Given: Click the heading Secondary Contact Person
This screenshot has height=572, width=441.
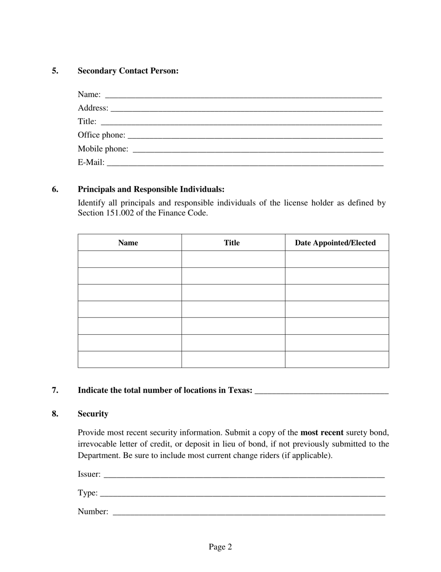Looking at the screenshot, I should pyautogui.click(x=128, y=71).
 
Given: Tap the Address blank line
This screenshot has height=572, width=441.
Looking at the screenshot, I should pyautogui.click(x=246, y=109).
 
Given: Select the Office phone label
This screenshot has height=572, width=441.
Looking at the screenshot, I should pyautogui.click(x=101, y=135).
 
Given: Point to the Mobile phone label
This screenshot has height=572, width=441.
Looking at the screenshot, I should pyautogui.click(x=103, y=149).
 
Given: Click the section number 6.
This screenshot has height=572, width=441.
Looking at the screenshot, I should pyautogui.click(x=55, y=189).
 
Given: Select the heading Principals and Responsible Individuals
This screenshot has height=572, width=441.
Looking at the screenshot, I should pyautogui.click(x=151, y=189).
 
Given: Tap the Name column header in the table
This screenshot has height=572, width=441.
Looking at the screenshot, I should pyautogui.click(x=128, y=243).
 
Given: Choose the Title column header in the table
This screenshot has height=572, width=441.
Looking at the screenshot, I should pyautogui.click(x=232, y=243).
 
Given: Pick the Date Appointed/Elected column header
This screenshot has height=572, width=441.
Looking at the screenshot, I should pyautogui.click(x=335, y=243).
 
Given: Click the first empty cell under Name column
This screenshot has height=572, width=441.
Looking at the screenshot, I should pyautogui.click(x=130, y=259).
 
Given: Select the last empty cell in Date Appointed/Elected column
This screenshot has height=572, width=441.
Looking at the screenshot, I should pyautogui.click(x=337, y=359).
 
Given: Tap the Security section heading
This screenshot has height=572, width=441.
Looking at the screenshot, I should pyautogui.click(x=93, y=414).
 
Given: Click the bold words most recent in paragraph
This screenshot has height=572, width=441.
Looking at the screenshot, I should pyautogui.click(x=322, y=432).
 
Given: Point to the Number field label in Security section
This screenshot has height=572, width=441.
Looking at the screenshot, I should pyautogui.click(x=93, y=512).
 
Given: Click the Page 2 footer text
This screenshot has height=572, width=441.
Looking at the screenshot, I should pyautogui.click(x=220, y=547).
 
